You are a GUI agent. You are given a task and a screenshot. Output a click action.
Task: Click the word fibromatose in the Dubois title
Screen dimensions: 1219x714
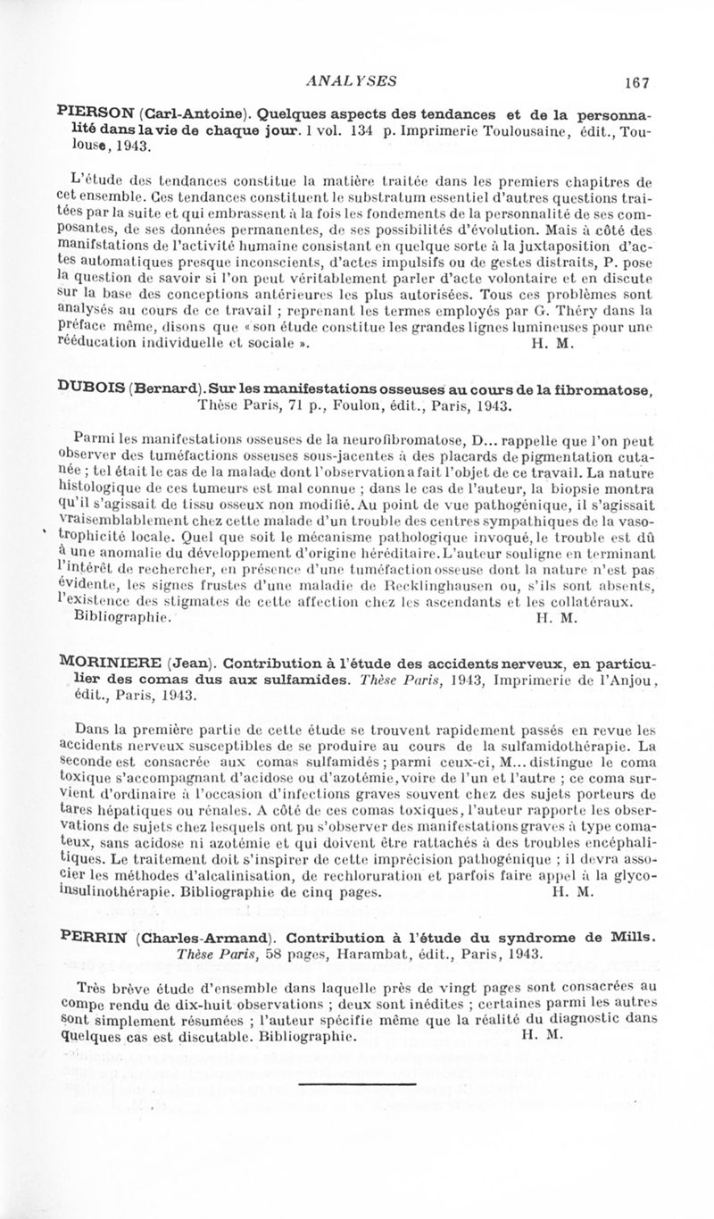[x=610, y=388]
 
